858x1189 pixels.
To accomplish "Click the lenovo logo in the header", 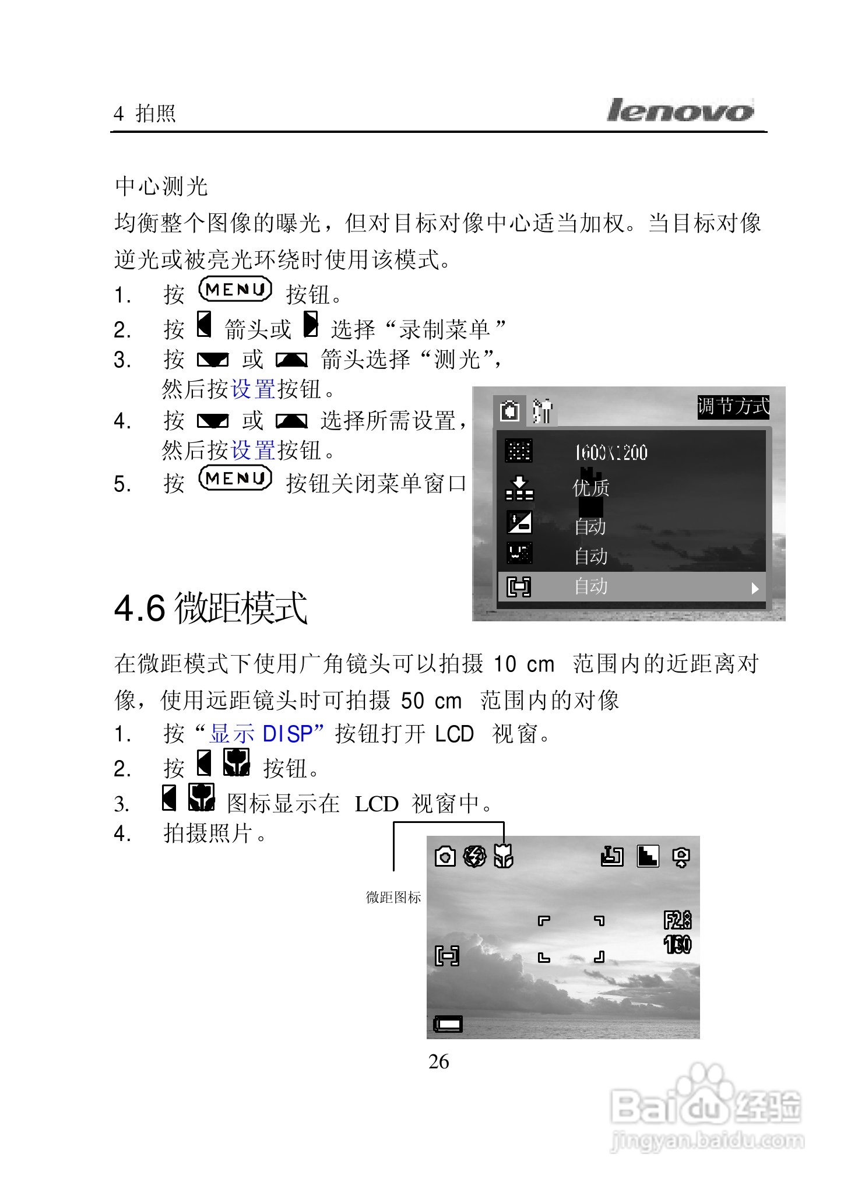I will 680,111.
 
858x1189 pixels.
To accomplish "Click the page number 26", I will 438,1062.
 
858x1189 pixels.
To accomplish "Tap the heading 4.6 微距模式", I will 211,608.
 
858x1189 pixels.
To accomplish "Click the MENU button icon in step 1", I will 235,290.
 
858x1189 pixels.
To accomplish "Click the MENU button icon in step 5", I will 235,479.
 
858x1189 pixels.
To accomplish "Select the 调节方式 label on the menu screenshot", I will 733,406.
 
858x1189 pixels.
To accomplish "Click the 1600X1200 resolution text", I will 611,453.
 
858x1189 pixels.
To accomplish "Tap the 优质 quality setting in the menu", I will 591,487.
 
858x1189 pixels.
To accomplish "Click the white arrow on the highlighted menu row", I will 755,588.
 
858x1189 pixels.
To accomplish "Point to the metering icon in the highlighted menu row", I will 519,586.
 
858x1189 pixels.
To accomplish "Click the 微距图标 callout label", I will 393,898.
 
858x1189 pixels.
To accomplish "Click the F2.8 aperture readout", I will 677,920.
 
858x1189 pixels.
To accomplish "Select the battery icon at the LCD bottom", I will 448,1024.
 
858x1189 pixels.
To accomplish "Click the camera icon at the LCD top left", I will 445,857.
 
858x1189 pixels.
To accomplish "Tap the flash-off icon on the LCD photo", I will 474,857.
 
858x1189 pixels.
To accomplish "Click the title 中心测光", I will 161,187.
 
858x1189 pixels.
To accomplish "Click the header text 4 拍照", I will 145,113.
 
